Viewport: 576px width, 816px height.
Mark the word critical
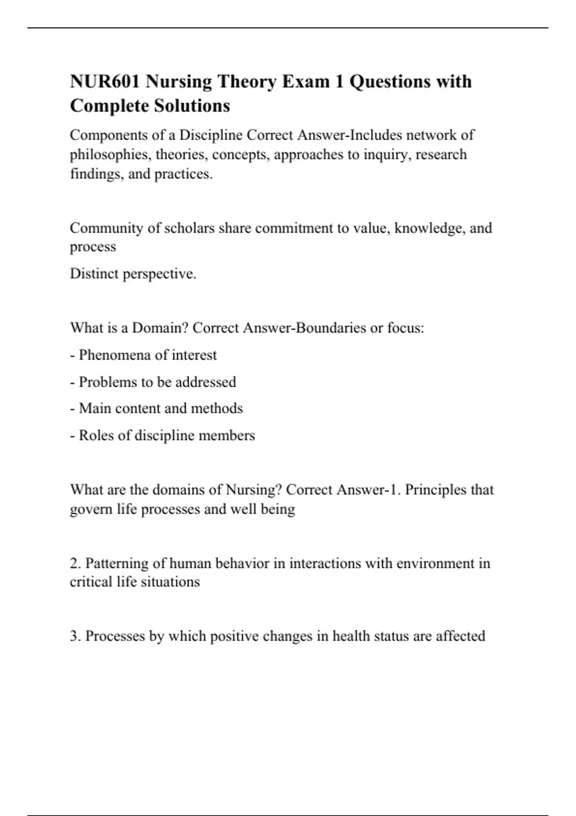coord(91,582)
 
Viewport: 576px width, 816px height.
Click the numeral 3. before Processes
coord(75,636)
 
